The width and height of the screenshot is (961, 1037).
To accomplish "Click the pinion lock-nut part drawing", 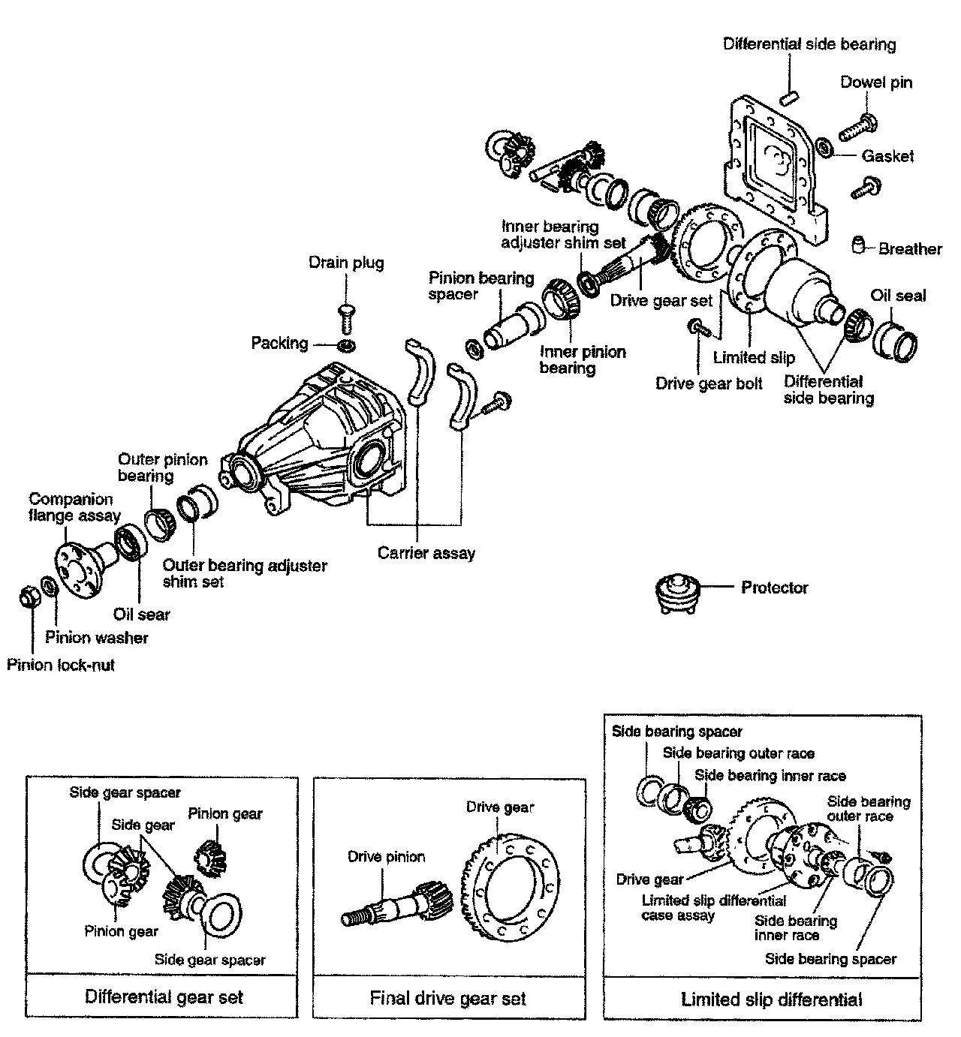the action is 29,597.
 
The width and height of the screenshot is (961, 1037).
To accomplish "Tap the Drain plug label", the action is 346,262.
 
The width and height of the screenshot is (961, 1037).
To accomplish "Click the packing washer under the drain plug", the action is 346,345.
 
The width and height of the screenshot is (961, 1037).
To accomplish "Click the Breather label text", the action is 910,248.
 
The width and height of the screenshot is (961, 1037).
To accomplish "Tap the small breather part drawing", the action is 858,245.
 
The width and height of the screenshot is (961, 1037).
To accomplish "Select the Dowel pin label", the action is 876,83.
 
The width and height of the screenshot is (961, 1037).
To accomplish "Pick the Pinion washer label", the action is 96,638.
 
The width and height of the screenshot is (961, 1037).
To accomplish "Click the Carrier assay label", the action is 426,553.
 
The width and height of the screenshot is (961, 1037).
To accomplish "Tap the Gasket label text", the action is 887,155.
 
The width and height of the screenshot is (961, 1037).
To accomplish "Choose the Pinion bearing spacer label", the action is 480,286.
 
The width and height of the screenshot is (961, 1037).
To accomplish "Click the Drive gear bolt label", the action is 709,383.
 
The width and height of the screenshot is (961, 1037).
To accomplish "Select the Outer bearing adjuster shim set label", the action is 245,573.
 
